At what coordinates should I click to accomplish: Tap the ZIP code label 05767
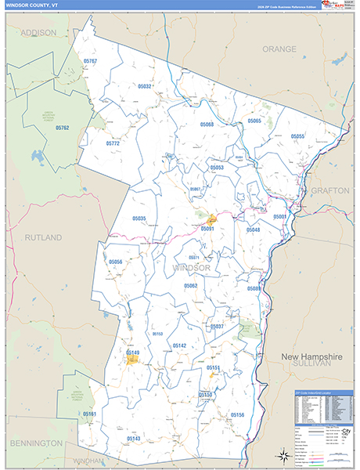click(x=90, y=61)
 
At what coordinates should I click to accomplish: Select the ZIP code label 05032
click(x=145, y=86)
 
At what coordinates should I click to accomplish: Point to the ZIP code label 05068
click(x=207, y=125)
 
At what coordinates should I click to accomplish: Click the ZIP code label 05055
click(x=297, y=136)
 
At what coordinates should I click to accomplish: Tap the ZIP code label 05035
click(x=139, y=219)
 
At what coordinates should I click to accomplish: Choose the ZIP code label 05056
click(x=116, y=262)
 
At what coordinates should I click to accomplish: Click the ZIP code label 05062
click(x=191, y=286)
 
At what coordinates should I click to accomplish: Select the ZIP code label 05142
click(x=179, y=345)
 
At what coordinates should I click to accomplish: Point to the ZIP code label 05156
click(x=238, y=414)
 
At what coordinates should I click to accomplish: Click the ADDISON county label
click(x=38, y=33)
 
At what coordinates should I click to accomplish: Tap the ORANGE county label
click(x=279, y=49)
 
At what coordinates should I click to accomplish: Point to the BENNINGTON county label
click(x=36, y=443)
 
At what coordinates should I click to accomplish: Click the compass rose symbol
click(x=281, y=454)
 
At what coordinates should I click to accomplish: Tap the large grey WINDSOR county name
click(x=192, y=268)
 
